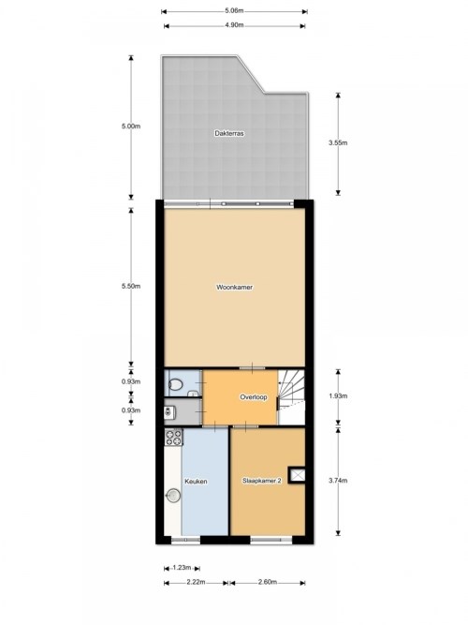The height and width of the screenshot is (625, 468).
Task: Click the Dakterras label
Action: point(229,134)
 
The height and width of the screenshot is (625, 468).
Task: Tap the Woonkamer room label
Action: point(234,287)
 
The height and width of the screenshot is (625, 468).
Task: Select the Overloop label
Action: point(254,397)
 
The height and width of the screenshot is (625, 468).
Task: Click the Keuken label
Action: point(196,482)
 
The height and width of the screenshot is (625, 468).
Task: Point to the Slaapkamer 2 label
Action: point(262,481)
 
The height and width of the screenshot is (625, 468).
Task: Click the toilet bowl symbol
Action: point(175,384)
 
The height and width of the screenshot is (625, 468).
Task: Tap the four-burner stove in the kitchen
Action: point(174,437)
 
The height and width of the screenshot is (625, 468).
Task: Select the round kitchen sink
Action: point(173,496)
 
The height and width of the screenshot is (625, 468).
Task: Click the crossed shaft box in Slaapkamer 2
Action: point(297,475)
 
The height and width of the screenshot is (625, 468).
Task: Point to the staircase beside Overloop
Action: point(291,397)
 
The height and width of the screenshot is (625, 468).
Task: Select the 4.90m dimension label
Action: point(234,24)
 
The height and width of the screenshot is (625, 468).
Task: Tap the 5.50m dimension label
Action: point(131,286)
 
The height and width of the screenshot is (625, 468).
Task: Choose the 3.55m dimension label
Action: point(338,142)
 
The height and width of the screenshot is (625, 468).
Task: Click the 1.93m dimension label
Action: point(338,395)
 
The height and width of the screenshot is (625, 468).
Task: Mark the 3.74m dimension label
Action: point(338,481)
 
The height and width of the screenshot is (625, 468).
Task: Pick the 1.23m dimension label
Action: point(182,568)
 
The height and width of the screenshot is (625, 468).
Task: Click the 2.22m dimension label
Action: point(196,582)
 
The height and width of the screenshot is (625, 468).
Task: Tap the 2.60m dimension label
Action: point(268,582)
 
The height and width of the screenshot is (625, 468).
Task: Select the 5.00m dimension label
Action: point(131,126)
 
